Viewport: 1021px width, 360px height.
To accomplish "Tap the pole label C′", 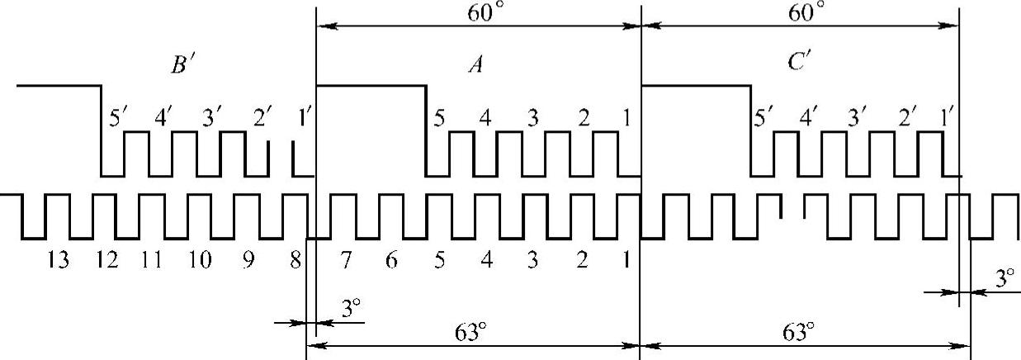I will click(x=798, y=63).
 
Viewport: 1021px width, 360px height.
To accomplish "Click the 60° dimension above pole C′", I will click(x=806, y=12).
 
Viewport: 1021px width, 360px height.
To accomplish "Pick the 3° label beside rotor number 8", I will click(x=352, y=310).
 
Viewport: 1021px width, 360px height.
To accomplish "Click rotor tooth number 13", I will click(x=59, y=261).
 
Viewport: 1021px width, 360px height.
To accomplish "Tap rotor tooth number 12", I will click(x=106, y=261).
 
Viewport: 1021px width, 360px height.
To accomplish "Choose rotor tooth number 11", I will click(x=151, y=261).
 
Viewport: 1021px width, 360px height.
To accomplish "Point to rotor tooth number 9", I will click(x=247, y=261).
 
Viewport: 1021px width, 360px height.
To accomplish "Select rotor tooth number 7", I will click(x=344, y=261).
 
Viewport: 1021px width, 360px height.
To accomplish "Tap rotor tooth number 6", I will click(x=391, y=261).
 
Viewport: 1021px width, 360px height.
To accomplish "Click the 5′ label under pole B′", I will click(x=120, y=118).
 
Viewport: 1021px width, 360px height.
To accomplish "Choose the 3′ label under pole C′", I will click(x=858, y=118).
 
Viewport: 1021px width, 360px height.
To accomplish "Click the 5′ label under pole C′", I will click(x=765, y=118).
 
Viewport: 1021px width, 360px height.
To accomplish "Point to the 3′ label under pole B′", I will click(x=213, y=118).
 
